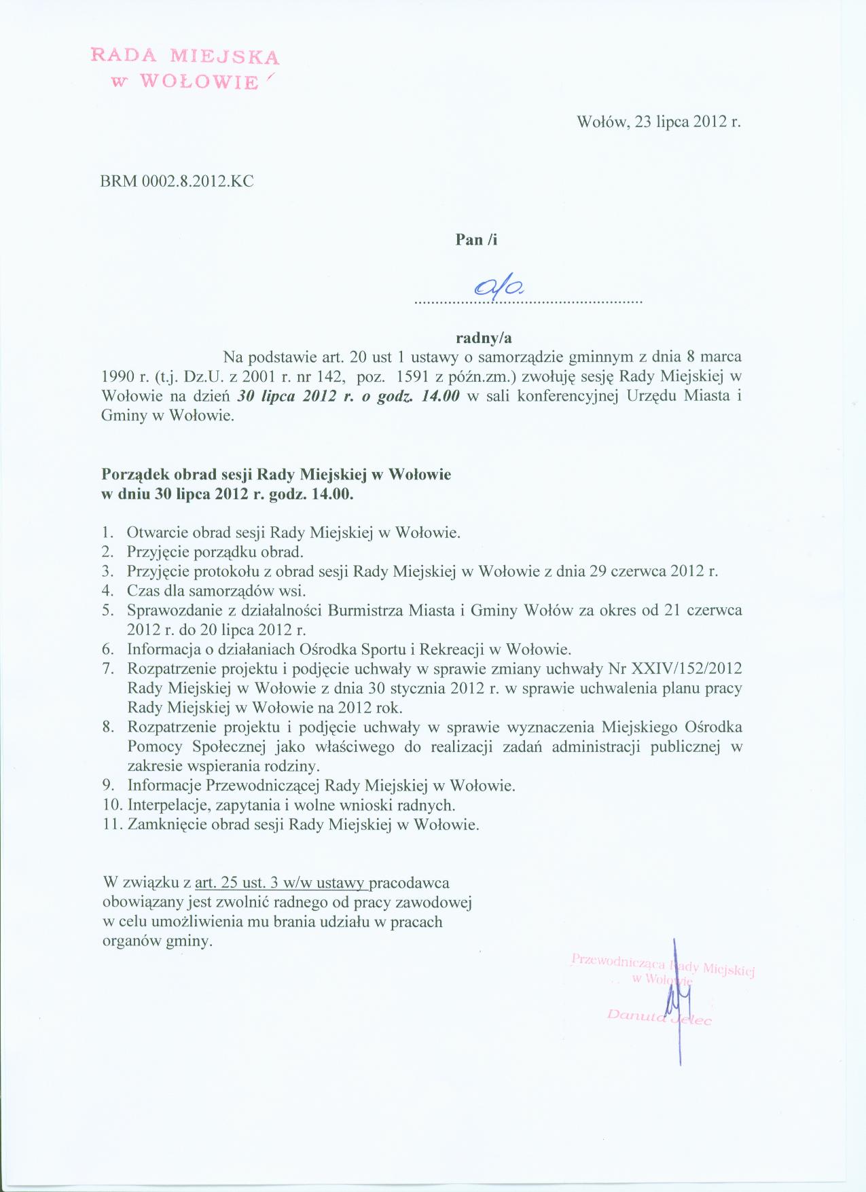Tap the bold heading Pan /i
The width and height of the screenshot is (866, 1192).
[x=475, y=240]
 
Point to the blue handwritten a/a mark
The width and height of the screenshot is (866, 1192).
[x=501, y=288]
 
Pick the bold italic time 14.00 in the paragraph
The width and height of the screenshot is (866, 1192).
[x=441, y=397]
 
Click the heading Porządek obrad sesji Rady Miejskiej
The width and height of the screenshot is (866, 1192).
[x=276, y=475]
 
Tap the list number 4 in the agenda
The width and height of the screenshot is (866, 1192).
[x=107, y=590]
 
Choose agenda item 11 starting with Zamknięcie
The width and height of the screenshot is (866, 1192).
[x=303, y=825]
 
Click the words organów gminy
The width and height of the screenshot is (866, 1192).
[x=157, y=942]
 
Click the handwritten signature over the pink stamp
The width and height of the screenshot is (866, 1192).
[x=678, y=998]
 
